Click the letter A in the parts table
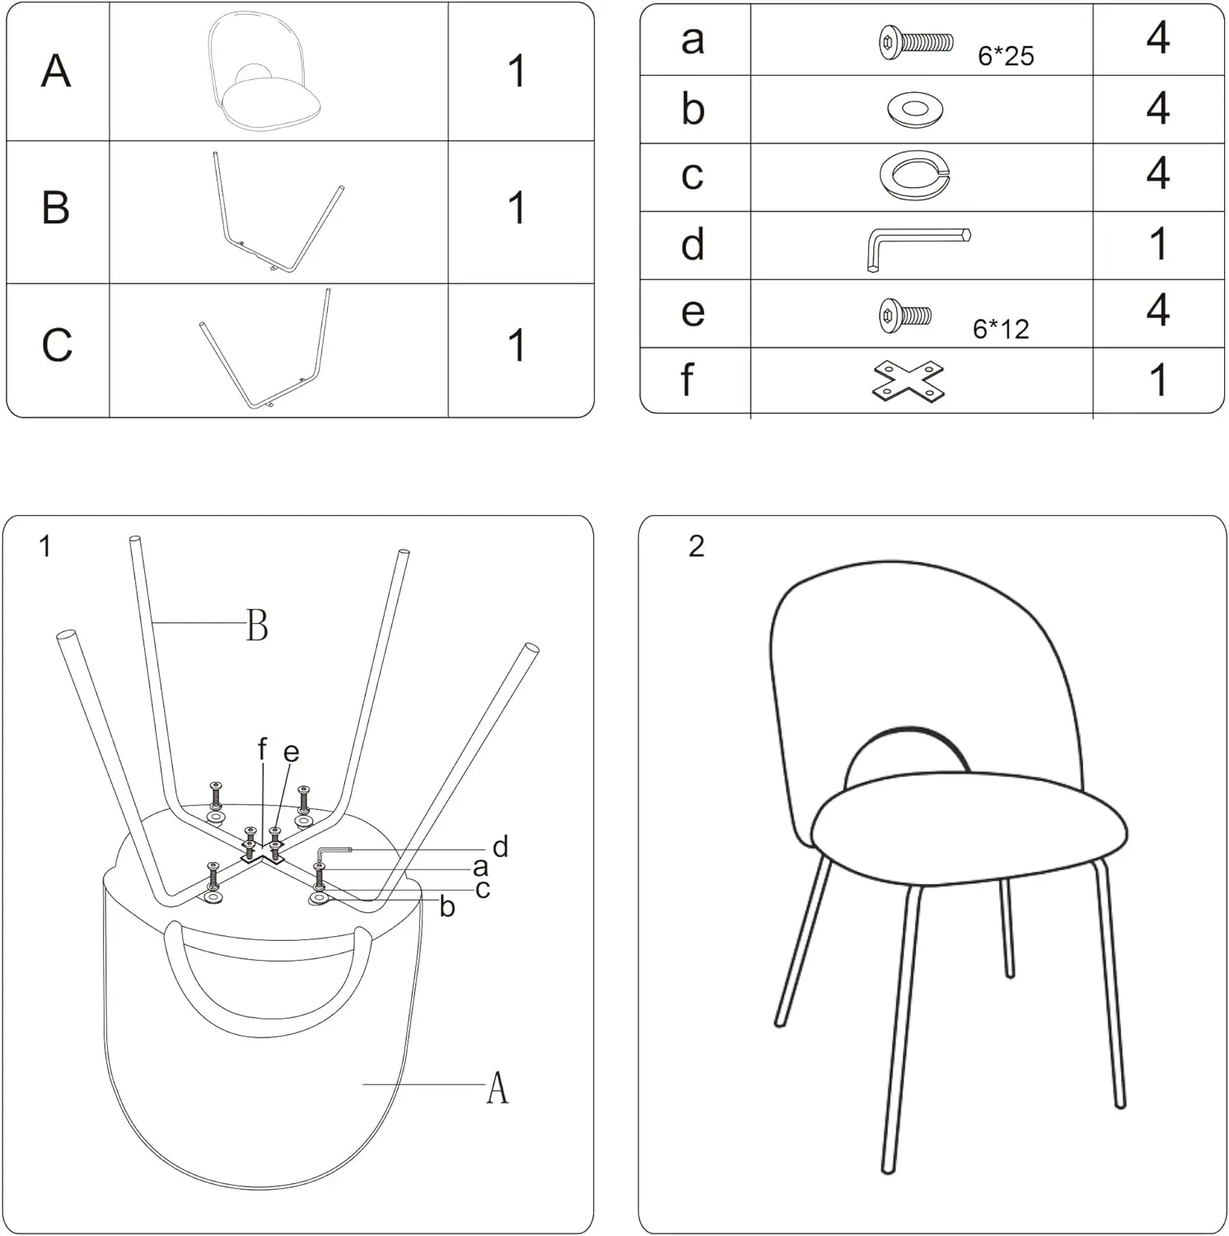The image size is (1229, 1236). (x=56, y=71)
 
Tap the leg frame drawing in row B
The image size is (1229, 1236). (x=276, y=213)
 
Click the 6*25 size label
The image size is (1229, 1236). (x=1005, y=56)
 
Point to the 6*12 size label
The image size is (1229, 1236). (x=1001, y=329)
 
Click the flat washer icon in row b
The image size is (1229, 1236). (x=915, y=110)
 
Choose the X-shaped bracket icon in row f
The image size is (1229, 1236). (x=908, y=382)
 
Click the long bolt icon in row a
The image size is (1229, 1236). (x=916, y=41)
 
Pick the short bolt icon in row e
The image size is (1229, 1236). (x=905, y=315)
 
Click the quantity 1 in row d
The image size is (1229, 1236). (x=1158, y=245)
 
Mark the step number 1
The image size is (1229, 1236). (x=45, y=546)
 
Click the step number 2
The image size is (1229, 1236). (x=696, y=546)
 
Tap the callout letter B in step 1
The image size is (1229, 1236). (x=257, y=625)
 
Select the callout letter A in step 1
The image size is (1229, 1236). (x=497, y=1088)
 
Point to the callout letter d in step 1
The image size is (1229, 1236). (x=500, y=846)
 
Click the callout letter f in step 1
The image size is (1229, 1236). (x=262, y=749)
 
